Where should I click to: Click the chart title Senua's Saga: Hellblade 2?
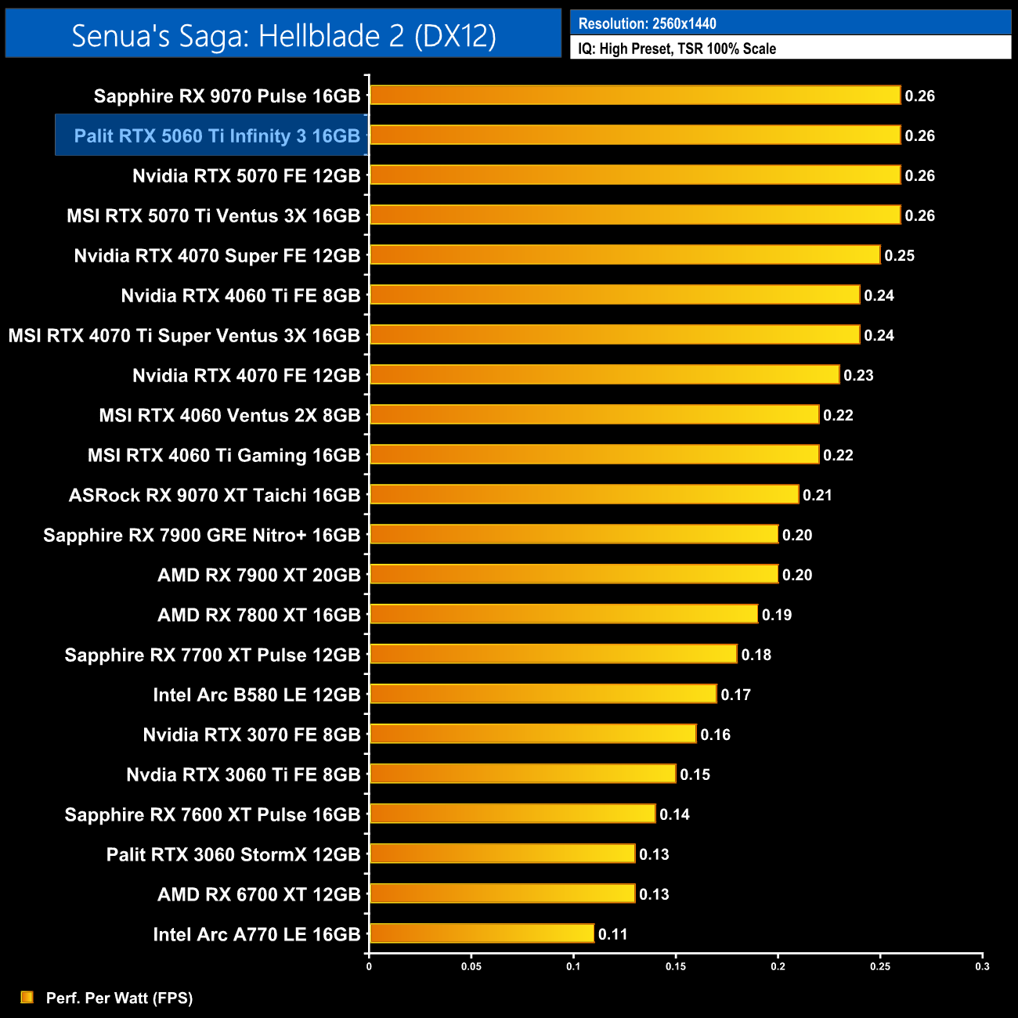tap(283, 35)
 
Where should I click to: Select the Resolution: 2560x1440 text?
tap(647, 23)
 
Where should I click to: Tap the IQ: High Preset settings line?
tap(677, 49)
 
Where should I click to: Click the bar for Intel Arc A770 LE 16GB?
tap(482, 933)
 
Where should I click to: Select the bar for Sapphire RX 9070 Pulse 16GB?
tap(635, 96)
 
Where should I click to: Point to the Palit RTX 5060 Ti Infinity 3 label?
tap(217, 135)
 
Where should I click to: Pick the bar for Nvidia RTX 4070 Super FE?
tap(625, 255)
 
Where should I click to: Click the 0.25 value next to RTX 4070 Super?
tap(899, 255)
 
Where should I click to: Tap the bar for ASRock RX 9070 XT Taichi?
tap(584, 495)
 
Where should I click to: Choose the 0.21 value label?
tap(817, 495)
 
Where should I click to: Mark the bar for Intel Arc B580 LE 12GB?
tap(543, 695)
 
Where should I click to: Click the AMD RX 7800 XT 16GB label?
tap(258, 615)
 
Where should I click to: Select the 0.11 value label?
tap(612, 934)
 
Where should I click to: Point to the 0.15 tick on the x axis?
tap(676, 966)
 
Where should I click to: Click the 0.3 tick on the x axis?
tap(982, 966)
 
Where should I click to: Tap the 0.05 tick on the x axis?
tap(471, 966)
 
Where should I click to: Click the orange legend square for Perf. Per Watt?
tap(27, 997)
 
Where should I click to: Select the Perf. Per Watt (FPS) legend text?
tap(119, 998)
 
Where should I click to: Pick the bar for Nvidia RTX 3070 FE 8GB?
tap(532, 735)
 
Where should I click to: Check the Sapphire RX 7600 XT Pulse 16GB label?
tap(212, 814)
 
